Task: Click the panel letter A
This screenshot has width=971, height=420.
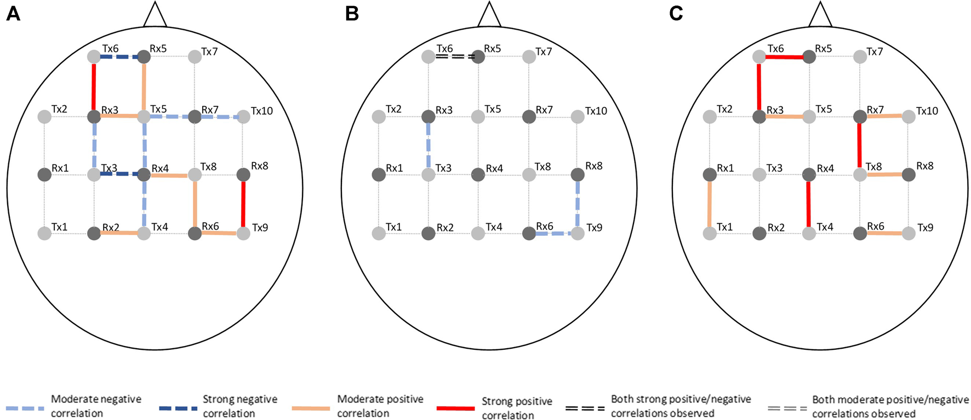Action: click(x=13, y=13)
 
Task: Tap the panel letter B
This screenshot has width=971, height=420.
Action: click(x=352, y=13)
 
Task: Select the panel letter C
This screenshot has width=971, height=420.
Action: click(x=676, y=13)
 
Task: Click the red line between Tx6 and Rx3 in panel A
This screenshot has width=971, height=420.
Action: click(x=94, y=86)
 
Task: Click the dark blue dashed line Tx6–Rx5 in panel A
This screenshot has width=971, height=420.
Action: click(x=118, y=56)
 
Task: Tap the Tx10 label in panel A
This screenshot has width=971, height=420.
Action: click(x=262, y=111)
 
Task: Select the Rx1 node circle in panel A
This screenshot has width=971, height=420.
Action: click(x=44, y=175)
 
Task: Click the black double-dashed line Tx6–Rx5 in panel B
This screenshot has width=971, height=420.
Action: click(x=453, y=56)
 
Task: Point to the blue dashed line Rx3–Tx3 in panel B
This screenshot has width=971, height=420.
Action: click(x=429, y=145)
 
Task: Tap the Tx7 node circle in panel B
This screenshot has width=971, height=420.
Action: click(x=529, y=56)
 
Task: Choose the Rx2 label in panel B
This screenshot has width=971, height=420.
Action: click(x=445, y=228)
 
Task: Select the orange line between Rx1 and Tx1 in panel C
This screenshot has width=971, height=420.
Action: click(x=709, y=204)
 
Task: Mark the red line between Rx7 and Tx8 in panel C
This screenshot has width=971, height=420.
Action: click(x=859, y=145)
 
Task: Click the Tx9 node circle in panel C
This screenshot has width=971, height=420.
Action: click(x=909, y=233)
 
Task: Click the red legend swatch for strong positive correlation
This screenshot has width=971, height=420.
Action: click(x=455, y=408)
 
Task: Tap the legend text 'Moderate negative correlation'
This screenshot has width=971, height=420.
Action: click(x=96, y=406)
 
